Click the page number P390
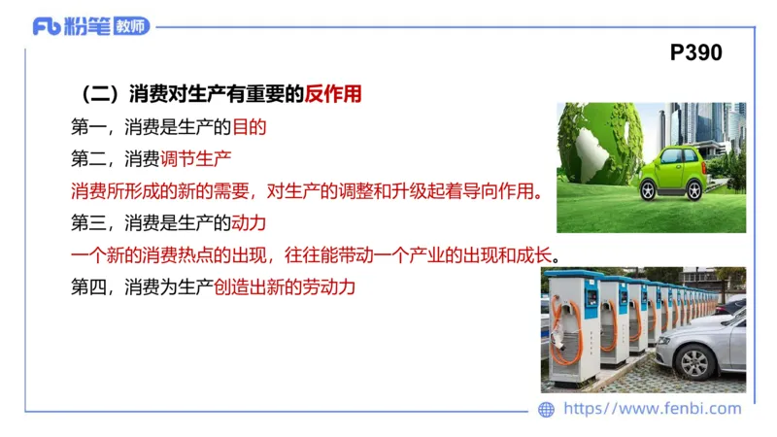click(696, 52)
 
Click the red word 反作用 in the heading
click(333, 94)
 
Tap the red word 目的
click(249, 126)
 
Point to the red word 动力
click(249, 222)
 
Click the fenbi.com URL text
click(653, 409)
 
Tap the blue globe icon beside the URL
click(547, 410)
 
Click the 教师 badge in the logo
click(132, 26)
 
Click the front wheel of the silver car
click(695, 361)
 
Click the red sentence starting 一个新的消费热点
click(317, 255)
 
